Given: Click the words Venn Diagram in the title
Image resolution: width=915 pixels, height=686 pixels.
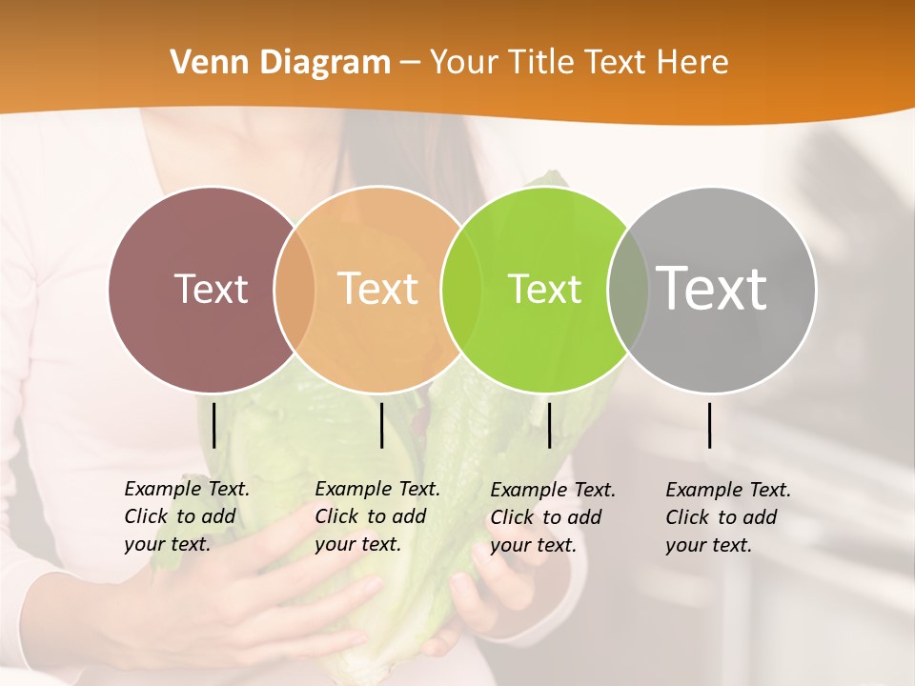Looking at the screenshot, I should point(280,63).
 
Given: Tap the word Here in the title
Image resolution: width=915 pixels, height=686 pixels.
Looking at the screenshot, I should point(692,63).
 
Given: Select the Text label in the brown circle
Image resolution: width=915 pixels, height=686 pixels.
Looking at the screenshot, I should point(212,289).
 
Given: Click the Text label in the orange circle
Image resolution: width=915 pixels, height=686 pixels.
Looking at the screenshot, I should point(378,289).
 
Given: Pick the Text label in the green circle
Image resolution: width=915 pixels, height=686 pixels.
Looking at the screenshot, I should point(544,289).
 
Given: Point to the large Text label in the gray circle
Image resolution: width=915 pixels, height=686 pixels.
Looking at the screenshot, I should point(712,288).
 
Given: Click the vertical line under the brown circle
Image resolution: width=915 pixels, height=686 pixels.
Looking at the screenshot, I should point(213,425).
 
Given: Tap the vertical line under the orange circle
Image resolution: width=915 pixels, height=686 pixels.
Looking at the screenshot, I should point(381,425).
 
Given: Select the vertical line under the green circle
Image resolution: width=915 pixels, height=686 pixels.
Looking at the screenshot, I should point(549,425).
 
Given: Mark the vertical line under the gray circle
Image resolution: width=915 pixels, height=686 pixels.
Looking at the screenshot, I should point(710,425).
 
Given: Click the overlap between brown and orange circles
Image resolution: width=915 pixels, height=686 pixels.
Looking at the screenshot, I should point(295,289).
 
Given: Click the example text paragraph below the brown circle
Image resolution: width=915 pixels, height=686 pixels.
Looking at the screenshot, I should point(187,516).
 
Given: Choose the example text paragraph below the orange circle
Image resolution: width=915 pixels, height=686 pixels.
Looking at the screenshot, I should point(377,516).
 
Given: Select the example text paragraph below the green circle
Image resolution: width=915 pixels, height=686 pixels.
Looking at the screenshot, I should point(553,517).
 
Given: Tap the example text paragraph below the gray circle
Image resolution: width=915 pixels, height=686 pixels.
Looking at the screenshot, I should point(728,517).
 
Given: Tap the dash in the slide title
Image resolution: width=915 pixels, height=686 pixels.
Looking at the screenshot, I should point(410,63).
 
